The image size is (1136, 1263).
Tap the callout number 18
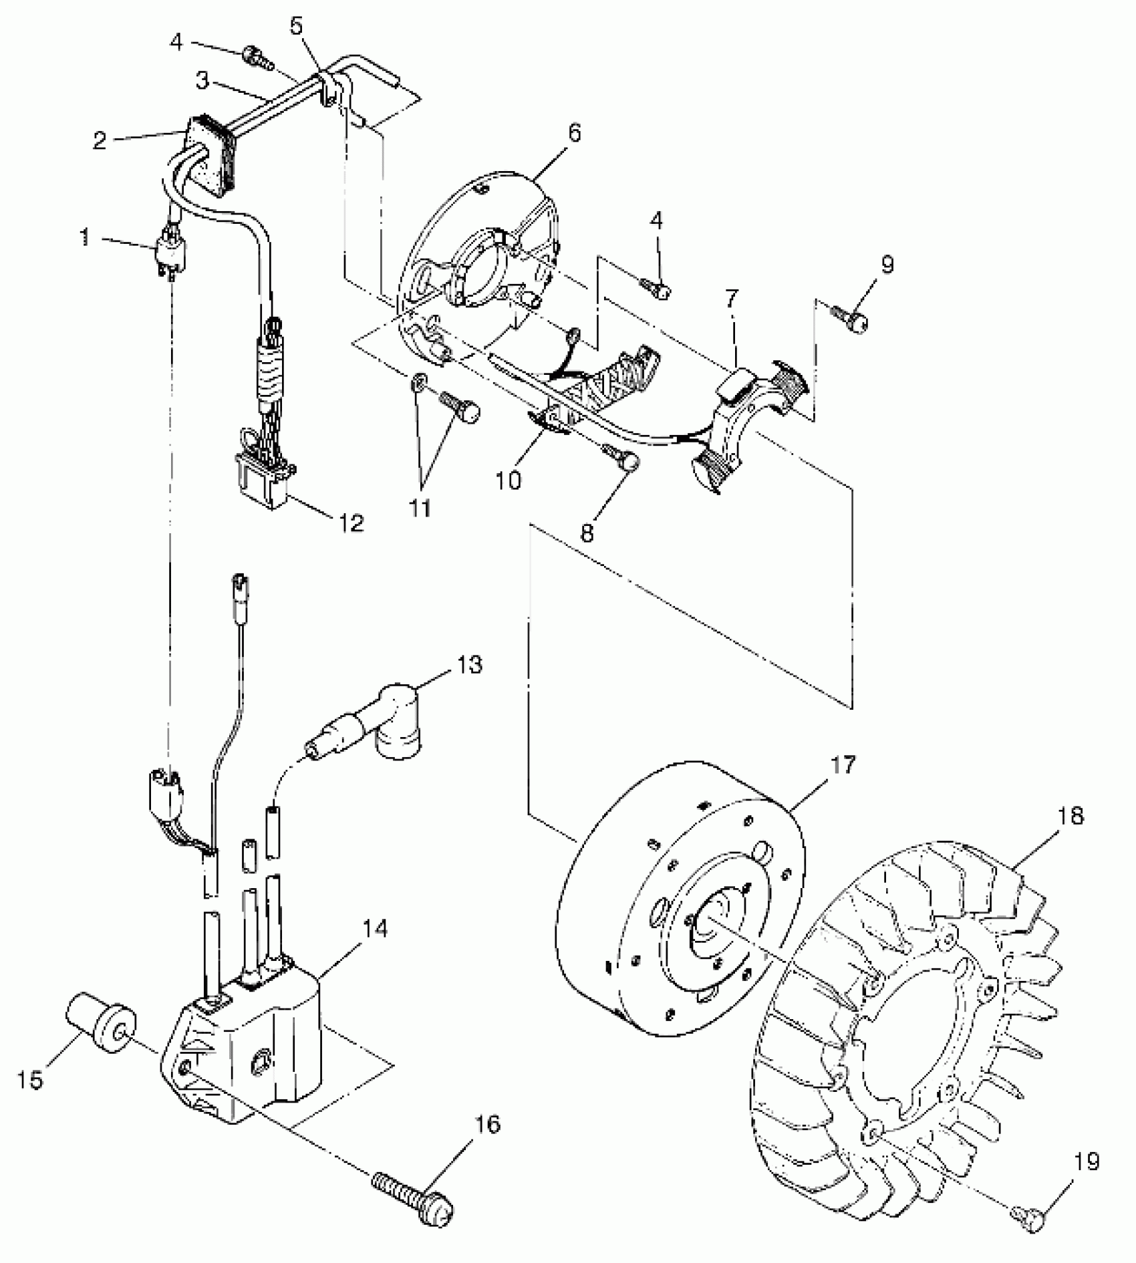tap(1071, 816)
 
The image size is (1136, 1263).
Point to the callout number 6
tap(573, 133)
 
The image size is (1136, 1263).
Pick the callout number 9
tap(886, 265)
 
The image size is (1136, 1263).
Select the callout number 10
tap(509, 479)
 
